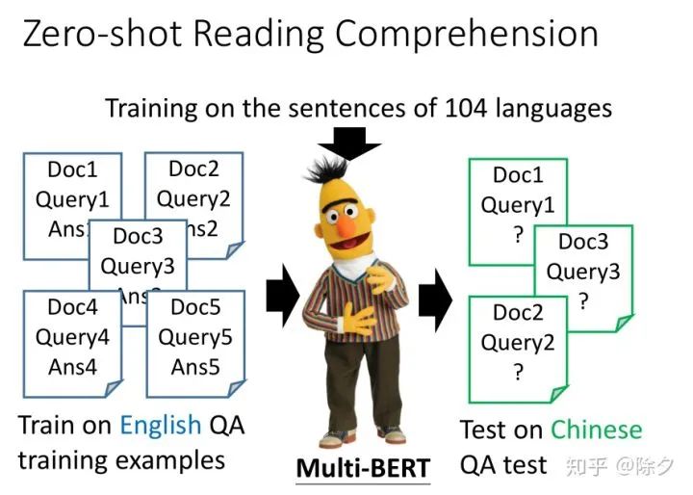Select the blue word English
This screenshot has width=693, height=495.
coord(160,425)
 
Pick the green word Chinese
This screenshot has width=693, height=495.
coord(596,430)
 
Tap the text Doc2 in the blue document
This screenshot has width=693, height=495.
coord(193,169)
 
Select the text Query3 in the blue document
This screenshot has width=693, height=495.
coord(138,266)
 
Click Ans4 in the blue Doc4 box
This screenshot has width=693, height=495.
coord(72,367)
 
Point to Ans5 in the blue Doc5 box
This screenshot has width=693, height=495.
coord(195,367)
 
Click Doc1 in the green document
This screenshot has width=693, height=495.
coord(518,175)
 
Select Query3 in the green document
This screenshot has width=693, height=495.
coord(583,271)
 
